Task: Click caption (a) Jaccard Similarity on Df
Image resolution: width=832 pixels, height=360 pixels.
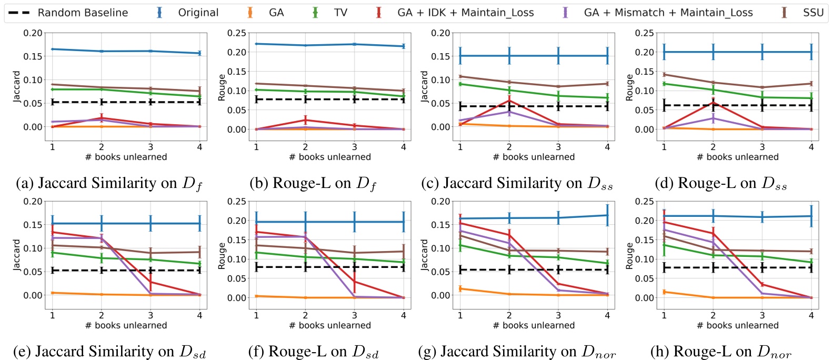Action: click(x=109, y=183)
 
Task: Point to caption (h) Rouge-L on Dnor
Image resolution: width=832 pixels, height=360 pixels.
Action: click(x=721, y=352)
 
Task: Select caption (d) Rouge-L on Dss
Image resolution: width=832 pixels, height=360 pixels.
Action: click(x=720, y=183)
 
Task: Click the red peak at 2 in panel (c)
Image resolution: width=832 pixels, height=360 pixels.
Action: click(x=509, y=100)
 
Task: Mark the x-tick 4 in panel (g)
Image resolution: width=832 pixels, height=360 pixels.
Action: click(x=607, y=315)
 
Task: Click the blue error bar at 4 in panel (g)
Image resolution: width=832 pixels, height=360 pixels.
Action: click(x=607, y=215)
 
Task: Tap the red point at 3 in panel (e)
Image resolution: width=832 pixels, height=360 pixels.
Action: click(x=151, y=282)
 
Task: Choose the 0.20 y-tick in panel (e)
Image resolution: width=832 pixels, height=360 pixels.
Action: click(x=33, y=201)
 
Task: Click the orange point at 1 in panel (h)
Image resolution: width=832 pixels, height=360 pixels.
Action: click(x=664, y=292)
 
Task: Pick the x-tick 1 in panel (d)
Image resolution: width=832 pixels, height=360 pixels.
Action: click(x=664, y=147)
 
